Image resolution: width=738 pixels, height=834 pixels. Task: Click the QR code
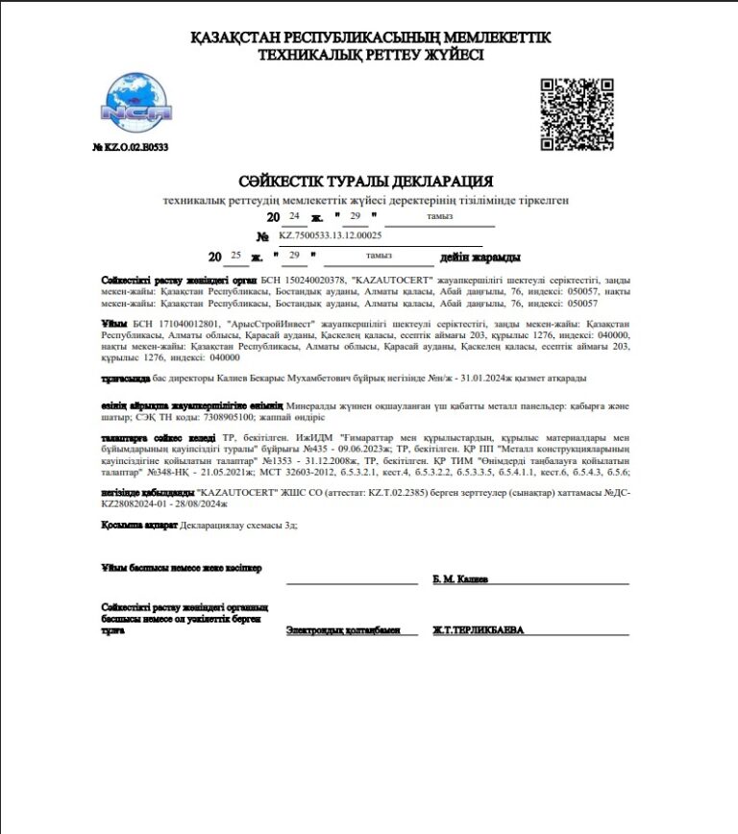[577, 113]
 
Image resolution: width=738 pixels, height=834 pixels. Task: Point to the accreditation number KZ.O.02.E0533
[131, 148]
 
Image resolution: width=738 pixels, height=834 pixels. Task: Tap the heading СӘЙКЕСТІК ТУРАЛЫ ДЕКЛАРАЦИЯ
[366, 182]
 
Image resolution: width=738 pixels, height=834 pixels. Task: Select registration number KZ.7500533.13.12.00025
[331, 235]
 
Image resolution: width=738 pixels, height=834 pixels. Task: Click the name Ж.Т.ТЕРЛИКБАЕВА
[479, 631]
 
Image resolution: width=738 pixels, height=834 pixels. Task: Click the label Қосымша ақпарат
[133, 526]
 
